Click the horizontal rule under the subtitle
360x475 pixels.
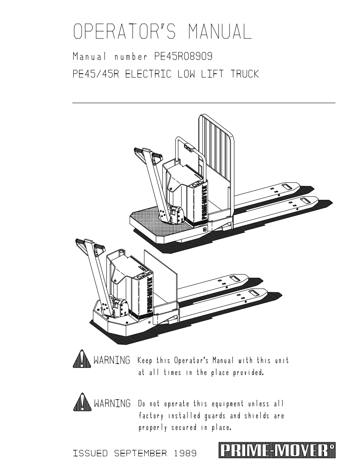coord(204,103)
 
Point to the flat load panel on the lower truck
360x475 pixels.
coord(161,272)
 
